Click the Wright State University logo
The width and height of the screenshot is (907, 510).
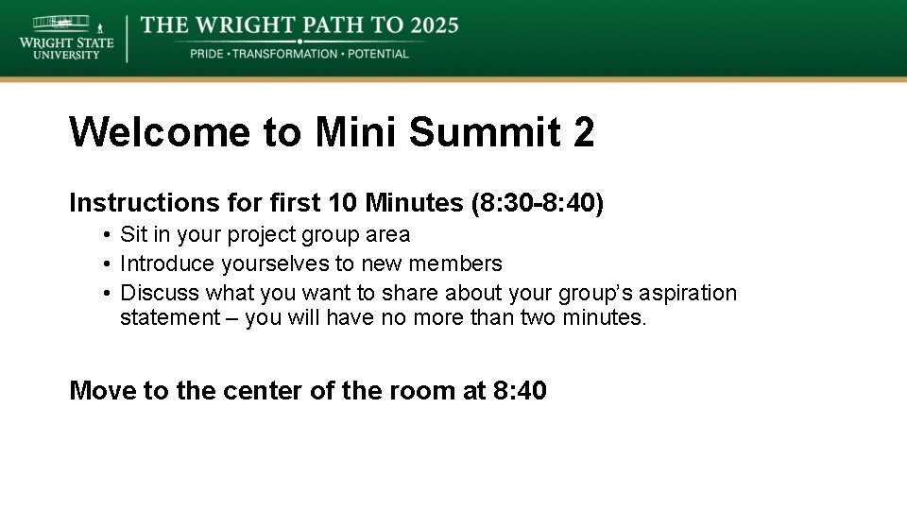point(65,38)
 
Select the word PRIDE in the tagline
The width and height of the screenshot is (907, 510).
point(207,54)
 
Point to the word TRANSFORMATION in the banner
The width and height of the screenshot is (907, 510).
point(284,54)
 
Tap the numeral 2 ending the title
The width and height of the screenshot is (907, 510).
point(583,132)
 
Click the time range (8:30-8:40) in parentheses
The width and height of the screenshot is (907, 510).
point(535,203)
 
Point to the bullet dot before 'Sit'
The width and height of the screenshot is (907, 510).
point(110,235)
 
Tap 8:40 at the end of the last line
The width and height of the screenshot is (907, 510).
point(520,390)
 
